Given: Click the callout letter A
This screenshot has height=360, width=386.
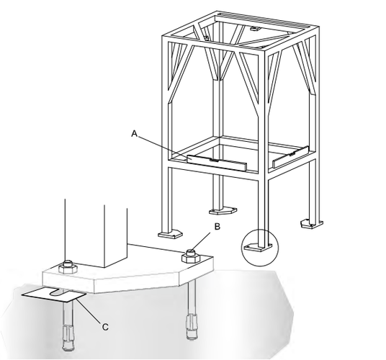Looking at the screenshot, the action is tap(134, 134).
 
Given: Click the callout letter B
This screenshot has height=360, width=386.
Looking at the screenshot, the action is tap(217, 226).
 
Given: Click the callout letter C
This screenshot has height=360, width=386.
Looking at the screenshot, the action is tap(105, 327).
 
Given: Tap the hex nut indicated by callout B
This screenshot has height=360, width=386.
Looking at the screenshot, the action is tap(190, 256).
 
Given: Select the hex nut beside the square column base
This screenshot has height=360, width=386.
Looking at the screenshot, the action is tap(68, 267).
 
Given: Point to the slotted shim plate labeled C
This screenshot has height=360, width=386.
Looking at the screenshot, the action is tap(54, 294).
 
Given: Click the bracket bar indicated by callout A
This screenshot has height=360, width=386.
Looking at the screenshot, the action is tap(217, 163).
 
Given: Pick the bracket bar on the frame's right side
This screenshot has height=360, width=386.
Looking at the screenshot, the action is tap(290, 157).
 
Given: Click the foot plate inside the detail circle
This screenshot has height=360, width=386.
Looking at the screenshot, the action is tap(258, 247).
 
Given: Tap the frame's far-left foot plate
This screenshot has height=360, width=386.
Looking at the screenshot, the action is tap(171, 234).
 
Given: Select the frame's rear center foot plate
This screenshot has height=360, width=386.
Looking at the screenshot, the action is tap(223, 211).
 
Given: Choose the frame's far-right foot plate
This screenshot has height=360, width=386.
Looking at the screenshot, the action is tap(312, 223).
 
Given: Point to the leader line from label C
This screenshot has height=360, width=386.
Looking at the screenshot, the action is tap(89, 310).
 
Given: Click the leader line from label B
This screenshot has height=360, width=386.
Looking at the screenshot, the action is tap(201, 242).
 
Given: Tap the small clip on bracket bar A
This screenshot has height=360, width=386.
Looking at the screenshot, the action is tap(214, 160).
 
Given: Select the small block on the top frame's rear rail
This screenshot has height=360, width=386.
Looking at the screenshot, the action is tap(255, 29).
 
